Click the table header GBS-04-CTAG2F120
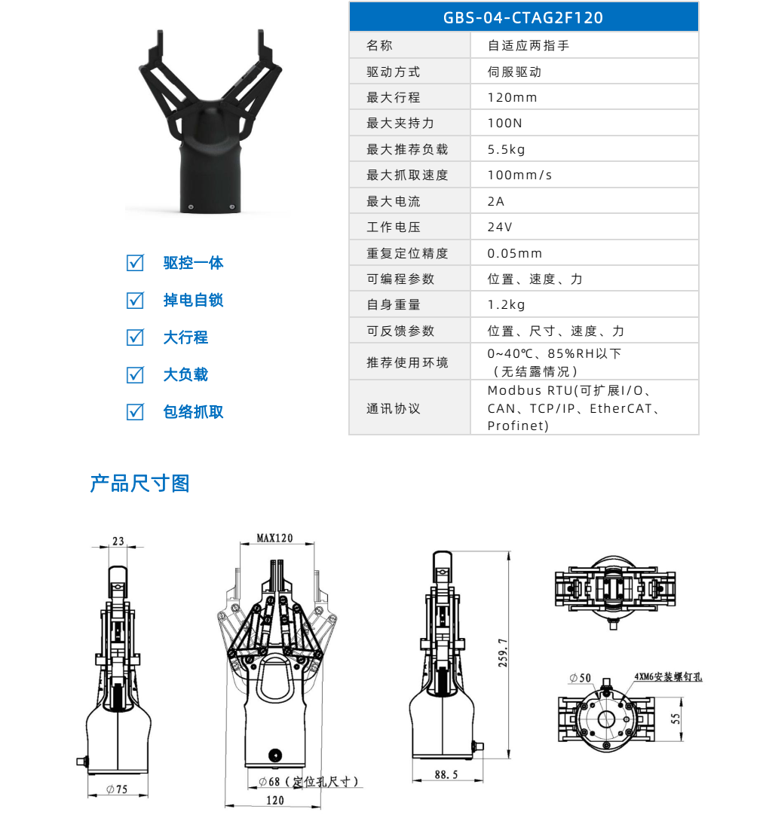tap(523, 17)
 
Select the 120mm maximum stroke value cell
tap(513, 98)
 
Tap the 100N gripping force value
tap(505, 124)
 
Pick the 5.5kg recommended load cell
tap(507, 149)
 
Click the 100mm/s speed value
tap(520, 176)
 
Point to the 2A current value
tap(496, 201)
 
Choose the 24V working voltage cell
tap(500, 227)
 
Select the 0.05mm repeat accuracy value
tap(515, 253)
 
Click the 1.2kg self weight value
tap(507, 305)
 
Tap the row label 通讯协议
tap(394, 409)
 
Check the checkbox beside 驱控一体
tap(135, 263)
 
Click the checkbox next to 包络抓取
tap(135, 411)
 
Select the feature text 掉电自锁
tap(193, 301)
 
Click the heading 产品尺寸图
tap(139, 484)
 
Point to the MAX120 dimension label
tap(274, 539)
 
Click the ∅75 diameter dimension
tap(116, 789)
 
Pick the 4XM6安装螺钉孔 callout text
tap(668, 677)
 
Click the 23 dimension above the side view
tap(118, 541)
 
